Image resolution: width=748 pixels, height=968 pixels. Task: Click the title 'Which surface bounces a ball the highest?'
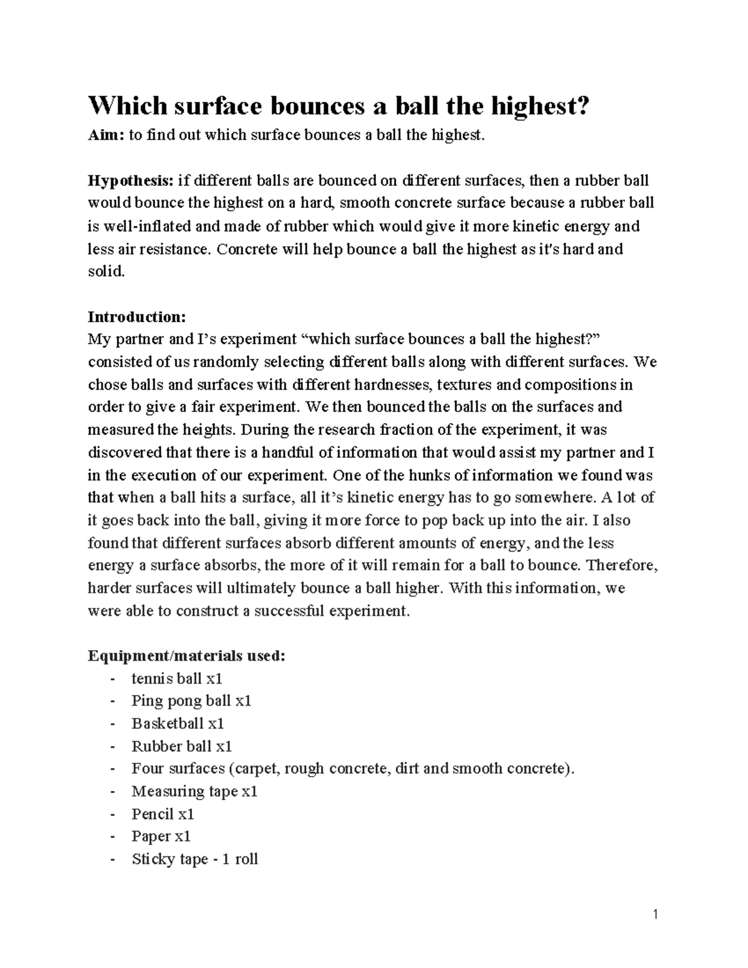click(338, 107)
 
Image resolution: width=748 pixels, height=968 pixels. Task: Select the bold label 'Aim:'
click(105, 136)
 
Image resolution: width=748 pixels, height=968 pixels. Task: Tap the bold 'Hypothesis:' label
click(131, 181)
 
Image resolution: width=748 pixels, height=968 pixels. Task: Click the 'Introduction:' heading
click(137, 317)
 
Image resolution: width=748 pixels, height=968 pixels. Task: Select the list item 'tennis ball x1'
click(176, 678)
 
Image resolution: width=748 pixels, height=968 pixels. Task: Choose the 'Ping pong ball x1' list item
click(191, 701)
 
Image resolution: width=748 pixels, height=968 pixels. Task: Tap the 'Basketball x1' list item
click(178, 724)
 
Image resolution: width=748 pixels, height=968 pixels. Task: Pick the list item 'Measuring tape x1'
click(194, 792)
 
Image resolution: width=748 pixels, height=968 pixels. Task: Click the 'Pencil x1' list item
click(163, 814)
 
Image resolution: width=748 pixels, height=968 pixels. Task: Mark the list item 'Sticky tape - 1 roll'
click(194, 860)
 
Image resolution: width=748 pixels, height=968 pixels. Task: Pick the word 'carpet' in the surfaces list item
click(256, 769)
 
